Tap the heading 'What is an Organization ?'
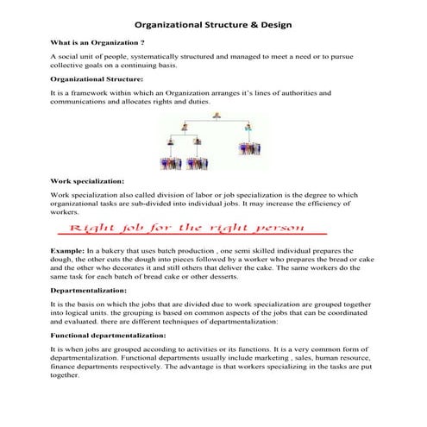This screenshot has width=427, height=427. tap(97, 41)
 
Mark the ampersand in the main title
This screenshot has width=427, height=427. tap(250, 25)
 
